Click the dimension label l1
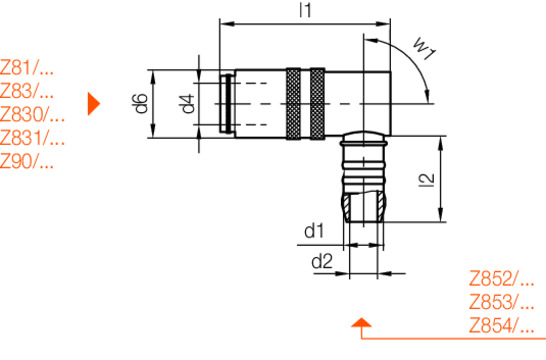pyautogui.click(x=305, y=11)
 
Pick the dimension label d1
pyautogui.click(x=314, y=232)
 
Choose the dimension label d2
pyautogui.click(x=321, y=262)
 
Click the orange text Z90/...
pyautogui.click(x=27, y=162)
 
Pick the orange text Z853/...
pyautogui.click(x=501, y=302)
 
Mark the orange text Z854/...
pyautogui.click(x=501, y=326)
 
